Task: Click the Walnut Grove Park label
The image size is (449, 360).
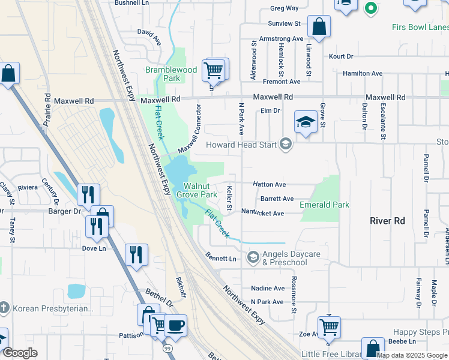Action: pyautogui.click(x=200, y=190)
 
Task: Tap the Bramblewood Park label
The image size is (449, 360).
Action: pyautogui.click(x=171, y=74)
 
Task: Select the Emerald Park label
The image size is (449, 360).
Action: pyautogui.click(x=325, y=205)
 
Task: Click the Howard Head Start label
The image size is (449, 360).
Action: pyautogui.click(x=241, y=145)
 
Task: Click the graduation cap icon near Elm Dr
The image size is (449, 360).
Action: pyautogui.click(x=306, y=122)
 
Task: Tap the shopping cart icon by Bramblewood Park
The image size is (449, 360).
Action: pyautogui.click(x=214, y=70)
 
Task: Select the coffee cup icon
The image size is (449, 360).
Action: pyautogui.click(x=175, y=326)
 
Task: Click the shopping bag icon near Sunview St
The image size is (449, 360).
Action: pyautogui.click(x=319, y=27)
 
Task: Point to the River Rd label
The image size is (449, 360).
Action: pyautogui.click(x=388, y=221)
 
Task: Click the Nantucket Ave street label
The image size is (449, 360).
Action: pyautogui.click(x=263, y=213)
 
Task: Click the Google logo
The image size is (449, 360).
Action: pyautogui.click(x=20, y=353)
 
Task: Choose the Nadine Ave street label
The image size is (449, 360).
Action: pyautogui.click(x=268, y=289)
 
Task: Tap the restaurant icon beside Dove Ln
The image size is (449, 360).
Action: pyautogui.click(x=137, y=254)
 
